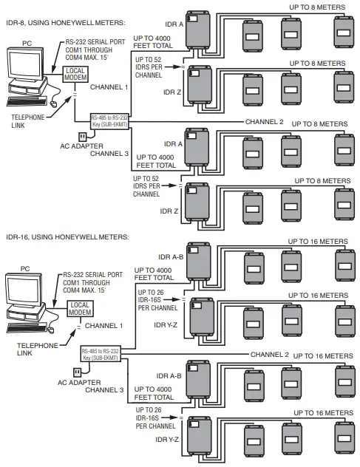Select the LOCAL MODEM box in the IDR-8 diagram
tap(75, 75)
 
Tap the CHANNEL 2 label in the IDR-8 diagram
tap(263, 121)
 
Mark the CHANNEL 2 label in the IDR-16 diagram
tap(269, 355)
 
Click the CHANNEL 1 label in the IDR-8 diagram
tap(109, 86)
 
